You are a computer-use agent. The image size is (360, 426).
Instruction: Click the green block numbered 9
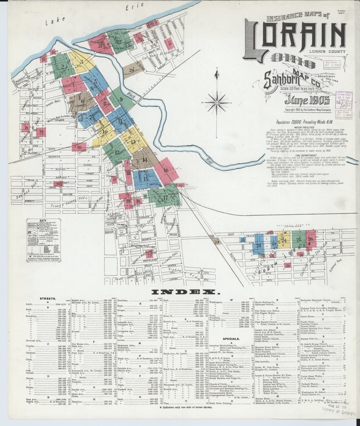(x=121, y=99)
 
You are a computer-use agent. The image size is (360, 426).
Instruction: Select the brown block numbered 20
(x=131, y=71)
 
